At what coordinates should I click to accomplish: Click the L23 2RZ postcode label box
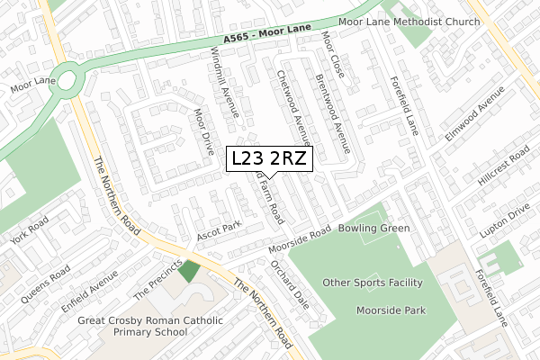pyautogui.click(x=270, y=158)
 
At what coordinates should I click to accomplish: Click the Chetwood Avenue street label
pyautogui.click(x=293, y=107)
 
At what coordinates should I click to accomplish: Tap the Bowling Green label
pyautogui.click(x=373, y=229)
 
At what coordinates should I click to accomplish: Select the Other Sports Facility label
pyautogui.click(x=373, y=283)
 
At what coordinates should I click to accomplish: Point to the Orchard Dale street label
pyautogui.click(x=290, y=284)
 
